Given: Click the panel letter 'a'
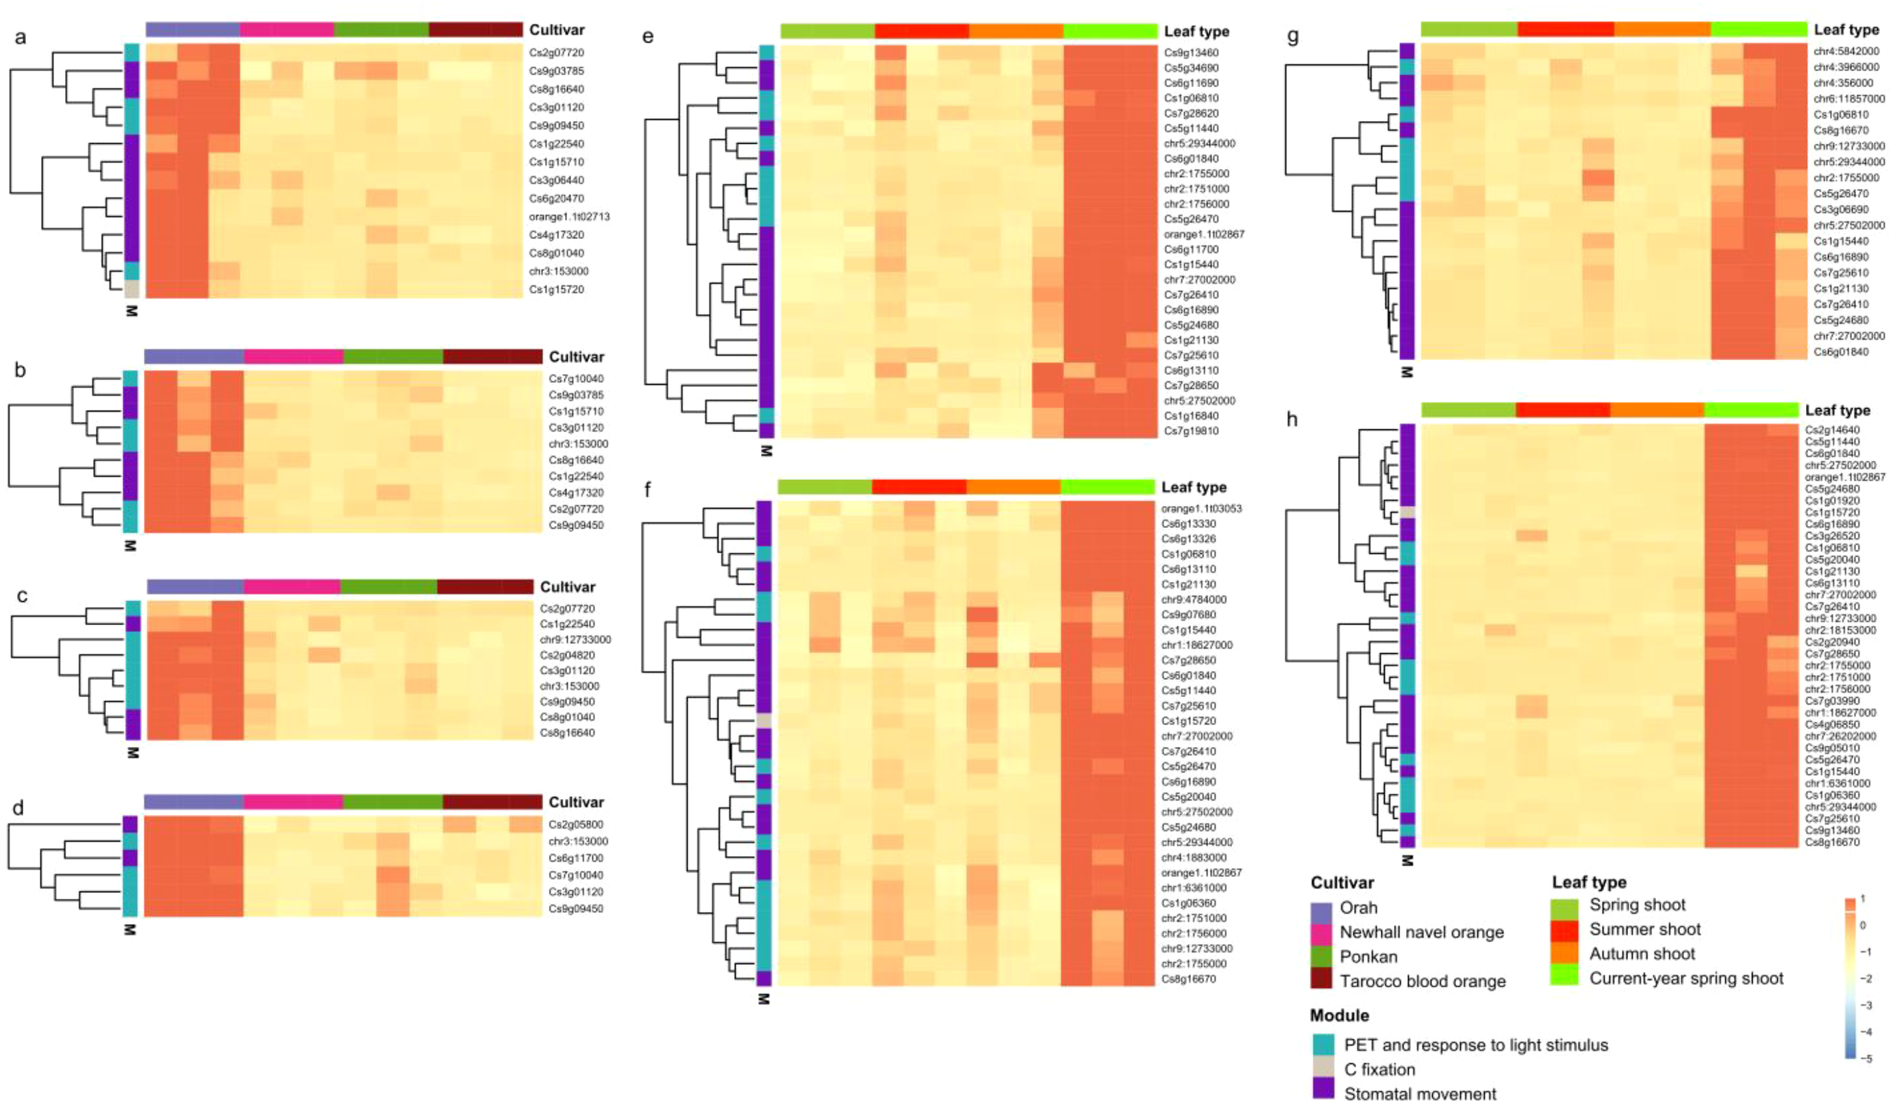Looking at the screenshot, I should tap(20, 36).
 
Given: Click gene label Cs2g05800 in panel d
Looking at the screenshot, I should tap(575, 825).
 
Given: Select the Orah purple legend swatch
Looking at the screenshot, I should tap(1321, 908).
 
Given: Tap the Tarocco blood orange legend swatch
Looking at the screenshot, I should tap(1321, 982).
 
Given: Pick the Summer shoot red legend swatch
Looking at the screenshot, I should tap(1564, 930).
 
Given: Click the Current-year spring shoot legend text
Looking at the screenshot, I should tap(1686, 979).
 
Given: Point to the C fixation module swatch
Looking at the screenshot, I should tap(1323, 1069).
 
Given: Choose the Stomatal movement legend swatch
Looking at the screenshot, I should tap(1323, 1094).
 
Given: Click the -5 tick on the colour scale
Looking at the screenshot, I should tap(1867, 1059).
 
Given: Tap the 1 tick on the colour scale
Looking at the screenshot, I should tap(1863, 899).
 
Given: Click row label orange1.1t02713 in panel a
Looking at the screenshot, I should tap(569, 216).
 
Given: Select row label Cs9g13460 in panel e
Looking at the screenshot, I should tap(1191, 52).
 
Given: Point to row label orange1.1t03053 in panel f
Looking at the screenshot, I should tap(1201, 509).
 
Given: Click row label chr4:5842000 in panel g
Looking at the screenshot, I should tap(1846, 51).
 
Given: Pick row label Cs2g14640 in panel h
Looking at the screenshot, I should tap(1832, 430).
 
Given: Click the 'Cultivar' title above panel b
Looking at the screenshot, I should tap(575, 356).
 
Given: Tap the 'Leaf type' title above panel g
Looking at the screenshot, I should tap(1846, 30).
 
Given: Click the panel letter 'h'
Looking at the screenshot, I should tap(1292, 419).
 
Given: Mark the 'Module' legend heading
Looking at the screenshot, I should tap(1339, 1016).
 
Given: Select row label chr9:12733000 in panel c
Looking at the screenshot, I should tap(575, 639).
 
